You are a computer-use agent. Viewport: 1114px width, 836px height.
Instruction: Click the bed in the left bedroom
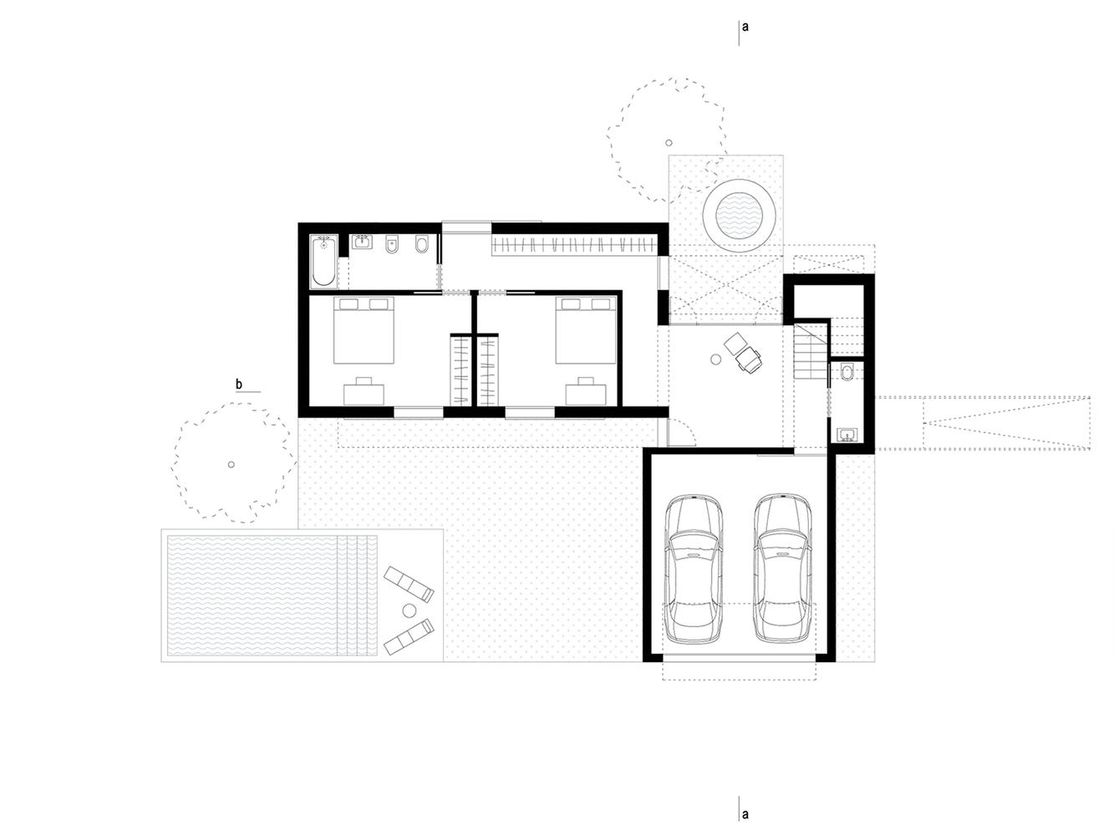[x=364, y=330]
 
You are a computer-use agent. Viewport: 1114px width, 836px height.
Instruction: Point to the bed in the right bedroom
[x=588, y=330]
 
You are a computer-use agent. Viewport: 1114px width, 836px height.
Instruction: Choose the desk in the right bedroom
[x=586, y=391]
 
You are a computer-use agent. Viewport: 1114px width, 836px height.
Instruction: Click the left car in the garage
[x=692, y=569]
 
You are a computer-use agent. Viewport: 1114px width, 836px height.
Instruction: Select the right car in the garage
[x=782, y=569]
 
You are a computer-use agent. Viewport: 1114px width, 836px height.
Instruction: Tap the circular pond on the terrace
[x=733, y=212]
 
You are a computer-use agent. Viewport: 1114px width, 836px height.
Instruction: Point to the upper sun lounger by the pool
[x=408, y=583]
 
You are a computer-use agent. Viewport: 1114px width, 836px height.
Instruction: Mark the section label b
[x=239, y=385]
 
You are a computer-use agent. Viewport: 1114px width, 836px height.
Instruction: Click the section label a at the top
[x=745, y=27]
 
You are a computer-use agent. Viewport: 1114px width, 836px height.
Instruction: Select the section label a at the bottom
[x=745, y=813]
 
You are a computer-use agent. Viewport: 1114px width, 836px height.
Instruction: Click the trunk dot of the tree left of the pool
[x=231, y=465]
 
